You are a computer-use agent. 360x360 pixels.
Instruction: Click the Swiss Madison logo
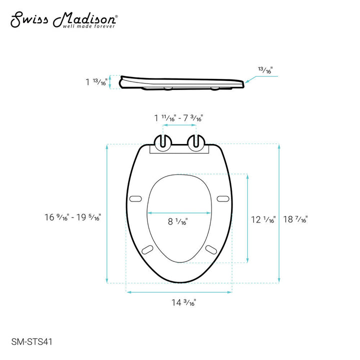pyautogui.click(x=64, y=19)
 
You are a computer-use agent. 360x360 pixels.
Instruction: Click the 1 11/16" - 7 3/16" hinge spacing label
pyautogui.click(x=178, y=118)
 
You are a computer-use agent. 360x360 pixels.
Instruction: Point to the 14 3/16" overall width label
pyautogui.click(x=178, y=302)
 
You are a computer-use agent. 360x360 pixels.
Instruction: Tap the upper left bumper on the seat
pyautogui.click(x=135, y=198)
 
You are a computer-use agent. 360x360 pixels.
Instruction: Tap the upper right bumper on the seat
pyautogui.click(x=223, y=198)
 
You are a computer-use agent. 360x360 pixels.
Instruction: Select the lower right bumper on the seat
pyautogui.click(x=210, y=248)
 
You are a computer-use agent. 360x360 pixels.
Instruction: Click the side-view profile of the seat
pyautogui.click(x=182, y=83)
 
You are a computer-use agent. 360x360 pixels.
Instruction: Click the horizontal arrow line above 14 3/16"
pyautogui.click(x=178, y=291)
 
